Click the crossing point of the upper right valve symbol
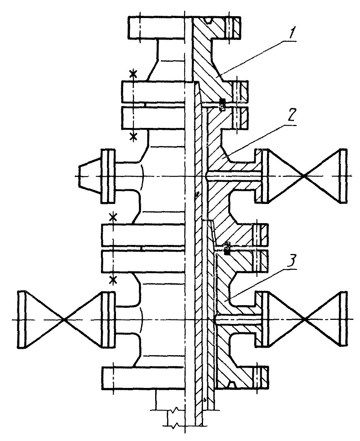point(304,176)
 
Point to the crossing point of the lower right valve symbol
point(304,319)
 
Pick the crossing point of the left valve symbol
point(64,319)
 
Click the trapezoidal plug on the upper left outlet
point(90,176)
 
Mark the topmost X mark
point(133,74)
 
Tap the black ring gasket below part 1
point(222,104)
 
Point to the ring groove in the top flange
point(209,21)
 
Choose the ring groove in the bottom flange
point(232,384)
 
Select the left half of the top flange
point(157,27)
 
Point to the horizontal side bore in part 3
point(238,319)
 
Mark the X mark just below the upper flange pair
point(133,137)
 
